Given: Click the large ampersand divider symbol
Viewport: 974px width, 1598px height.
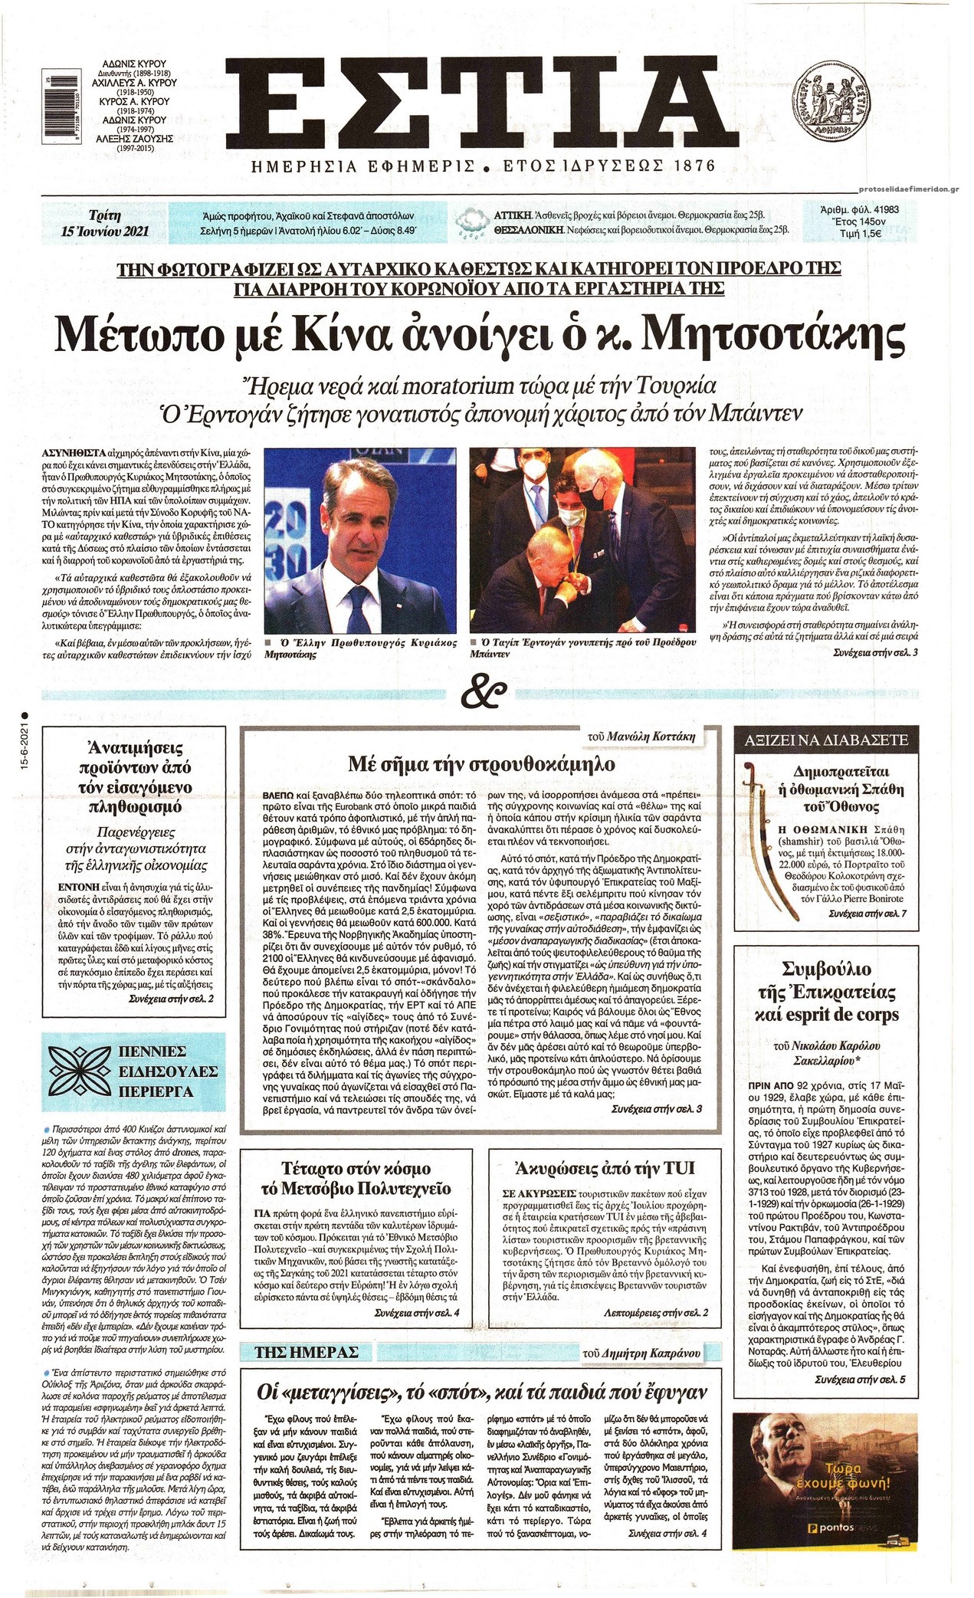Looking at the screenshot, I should tap(486, 694).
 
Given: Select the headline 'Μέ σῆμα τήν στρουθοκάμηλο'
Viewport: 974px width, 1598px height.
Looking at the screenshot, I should tap(481, 764).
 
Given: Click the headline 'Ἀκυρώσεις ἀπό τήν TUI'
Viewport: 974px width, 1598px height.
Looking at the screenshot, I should tap(605, 1169).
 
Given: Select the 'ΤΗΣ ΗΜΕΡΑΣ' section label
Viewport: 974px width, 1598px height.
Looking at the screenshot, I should tap(295, 1352).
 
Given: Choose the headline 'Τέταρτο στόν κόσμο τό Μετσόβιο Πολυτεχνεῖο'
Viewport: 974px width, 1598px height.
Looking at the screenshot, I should tap(356, 1179).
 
